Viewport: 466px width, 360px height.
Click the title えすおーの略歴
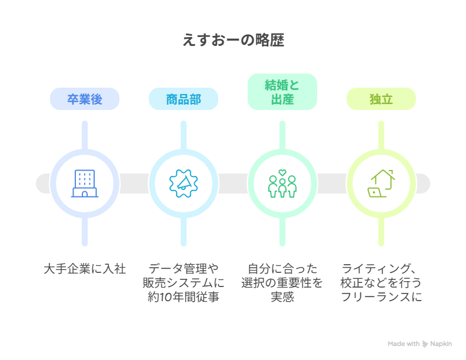click(233, 41)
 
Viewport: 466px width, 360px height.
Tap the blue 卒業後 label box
click(85, 99)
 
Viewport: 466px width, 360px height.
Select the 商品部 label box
click(184, 99)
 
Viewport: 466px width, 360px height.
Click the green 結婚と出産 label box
click(282, 92)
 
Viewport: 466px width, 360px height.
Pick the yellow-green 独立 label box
click(381, 99)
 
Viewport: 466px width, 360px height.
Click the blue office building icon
click(85, 184)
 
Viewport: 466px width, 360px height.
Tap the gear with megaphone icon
click(184, 184)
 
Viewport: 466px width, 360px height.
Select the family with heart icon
click(282, 184)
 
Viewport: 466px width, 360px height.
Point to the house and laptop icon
click(381, 184)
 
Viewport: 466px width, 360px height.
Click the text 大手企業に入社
click(85, 269)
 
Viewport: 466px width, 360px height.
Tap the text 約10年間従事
click(184, 297)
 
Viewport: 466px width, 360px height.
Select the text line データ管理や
click(184, 269)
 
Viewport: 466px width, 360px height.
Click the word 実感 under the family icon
click(282, 297)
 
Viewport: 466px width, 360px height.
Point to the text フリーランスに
click(381, 297)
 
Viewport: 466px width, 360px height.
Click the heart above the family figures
click(282, 172)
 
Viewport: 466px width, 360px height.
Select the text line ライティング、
click(381, 269)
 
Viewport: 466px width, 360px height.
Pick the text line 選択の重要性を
click(282, 283)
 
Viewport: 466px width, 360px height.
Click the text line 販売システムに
click(184, 283)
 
